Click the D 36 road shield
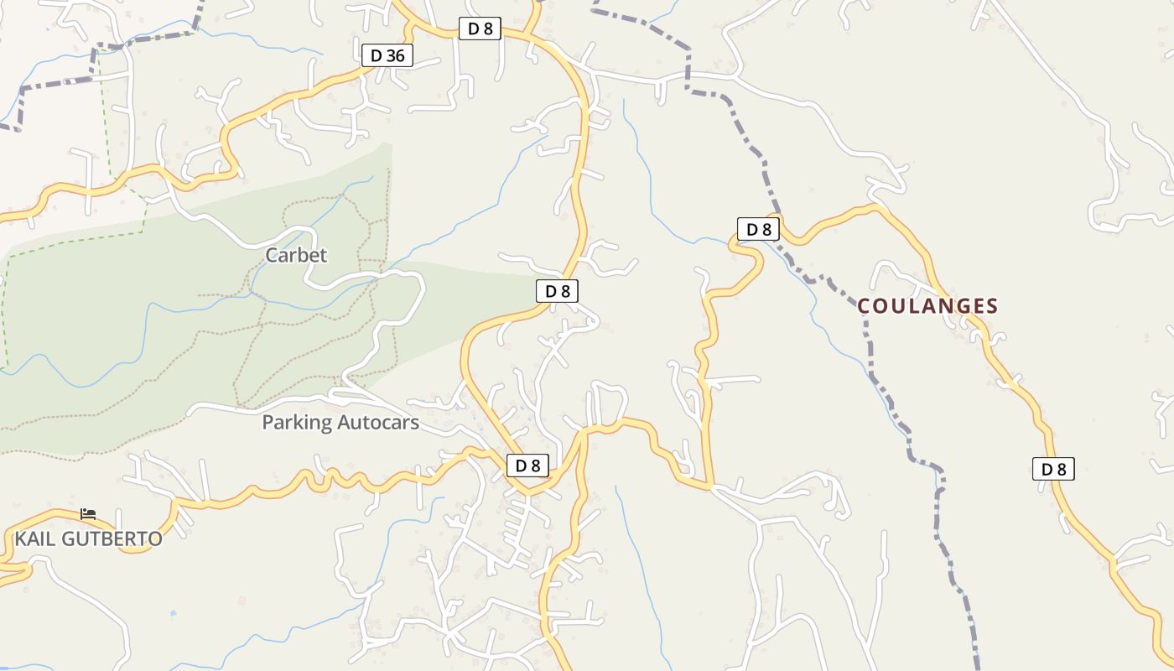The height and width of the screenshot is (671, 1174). [387, 56]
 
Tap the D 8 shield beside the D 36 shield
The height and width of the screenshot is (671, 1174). [480, 29]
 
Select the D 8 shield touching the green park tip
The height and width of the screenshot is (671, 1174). [558, 291]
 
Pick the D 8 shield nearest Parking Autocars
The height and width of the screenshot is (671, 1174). [527, 466]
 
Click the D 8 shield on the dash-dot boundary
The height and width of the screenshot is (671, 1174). [758, 229]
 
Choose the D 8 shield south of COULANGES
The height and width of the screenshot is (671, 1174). [1053, 469]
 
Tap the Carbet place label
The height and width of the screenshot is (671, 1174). [296, 255]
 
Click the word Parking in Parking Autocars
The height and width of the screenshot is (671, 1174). [298, 423]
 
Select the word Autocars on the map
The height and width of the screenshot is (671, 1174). [378, 423]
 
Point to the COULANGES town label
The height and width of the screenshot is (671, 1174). [927, 306]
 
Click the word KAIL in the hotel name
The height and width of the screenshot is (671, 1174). [34, 538]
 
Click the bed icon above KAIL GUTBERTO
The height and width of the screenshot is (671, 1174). [88, 513]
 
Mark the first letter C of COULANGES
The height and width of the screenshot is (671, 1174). [865, 306]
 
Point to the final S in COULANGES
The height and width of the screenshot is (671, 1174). [992, 306]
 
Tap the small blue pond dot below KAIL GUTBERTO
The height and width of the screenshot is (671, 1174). [173, 613]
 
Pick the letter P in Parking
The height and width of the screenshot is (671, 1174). [268, 423]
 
